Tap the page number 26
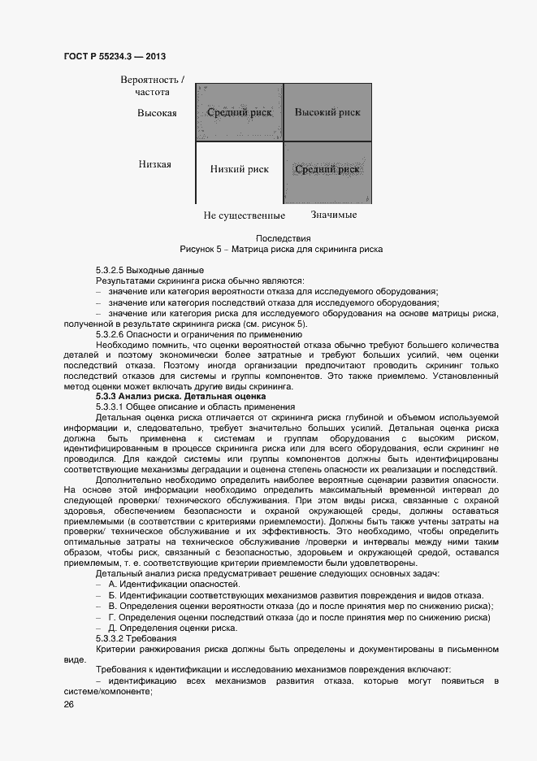[x=68, y=703]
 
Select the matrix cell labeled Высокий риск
[x=327, y=112]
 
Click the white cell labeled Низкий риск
[x=240, y=170]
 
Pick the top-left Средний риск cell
[x=240, y=112]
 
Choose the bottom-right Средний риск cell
[x=327, y=170]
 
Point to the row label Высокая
[x=157, y=113]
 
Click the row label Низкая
[x=154, y=164]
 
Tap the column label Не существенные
[x=244, y=215]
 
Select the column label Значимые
[x=334, y=215]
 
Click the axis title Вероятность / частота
[x=152, y=86]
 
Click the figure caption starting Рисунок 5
[x=280, y=249]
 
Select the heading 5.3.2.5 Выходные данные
[x=149, y=270]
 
